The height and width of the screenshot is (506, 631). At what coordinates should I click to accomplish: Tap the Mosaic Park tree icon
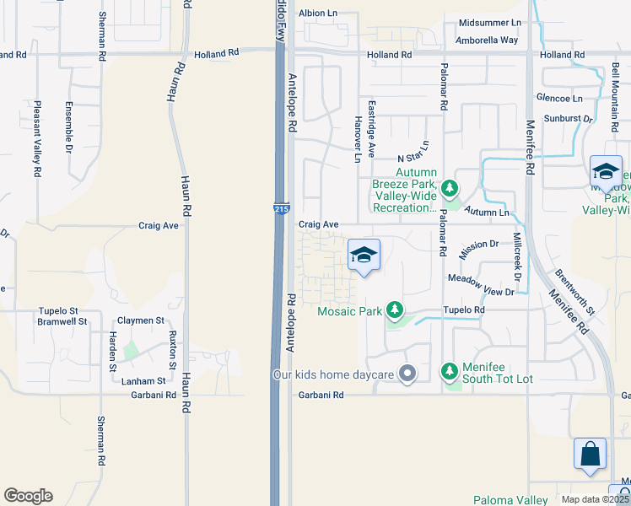click(x=393, y=310)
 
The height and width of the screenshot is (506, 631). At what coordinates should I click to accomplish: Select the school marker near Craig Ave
click(x=364, y=256)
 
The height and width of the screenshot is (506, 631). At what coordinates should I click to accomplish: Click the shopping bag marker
click(x=591, y=454)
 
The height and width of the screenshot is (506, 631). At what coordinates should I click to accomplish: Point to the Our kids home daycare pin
click(x=407, y=373)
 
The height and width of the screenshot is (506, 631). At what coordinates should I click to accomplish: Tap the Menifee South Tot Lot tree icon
click(x=450, y=371)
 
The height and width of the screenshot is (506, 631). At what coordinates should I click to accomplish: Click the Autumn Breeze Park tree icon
click(x=450, y=186)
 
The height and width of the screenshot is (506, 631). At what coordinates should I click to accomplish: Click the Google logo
click(x=28, y=496)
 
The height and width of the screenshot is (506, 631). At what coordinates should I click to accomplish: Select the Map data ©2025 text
click(x=596, y=499)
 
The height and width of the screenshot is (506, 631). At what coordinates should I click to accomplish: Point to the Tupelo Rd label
click(x=467, y=310)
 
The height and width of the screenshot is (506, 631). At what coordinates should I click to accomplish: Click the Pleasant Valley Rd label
click(x=37, y=139)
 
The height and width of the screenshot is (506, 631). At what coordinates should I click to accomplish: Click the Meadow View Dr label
click(x=480, y=284)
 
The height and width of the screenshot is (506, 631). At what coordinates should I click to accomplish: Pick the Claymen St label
click(x=141, y=320)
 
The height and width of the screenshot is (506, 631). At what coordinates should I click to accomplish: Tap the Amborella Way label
click(x=487, y=39)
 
